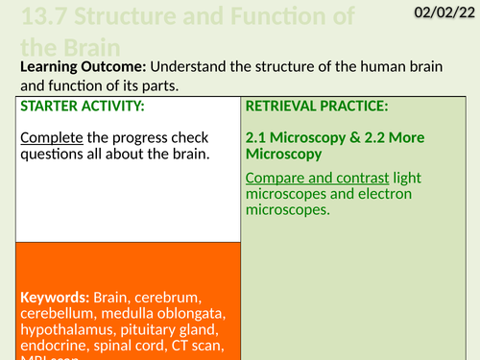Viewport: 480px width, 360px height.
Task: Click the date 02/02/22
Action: [444, 13]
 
